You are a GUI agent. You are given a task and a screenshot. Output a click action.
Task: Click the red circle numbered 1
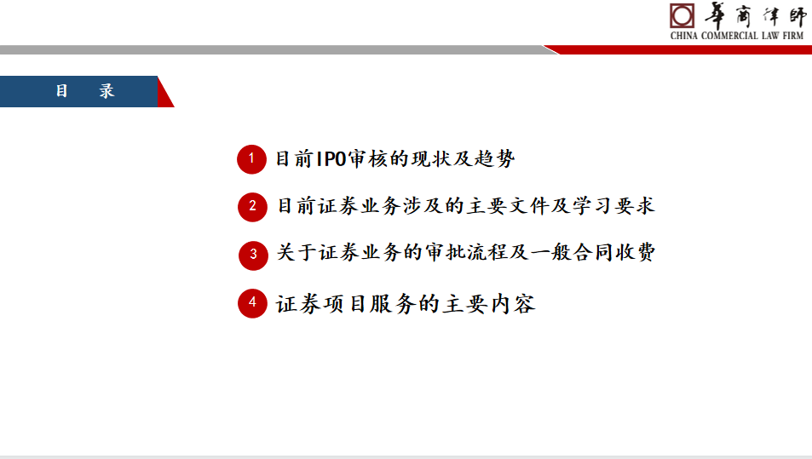[x=251, y=159]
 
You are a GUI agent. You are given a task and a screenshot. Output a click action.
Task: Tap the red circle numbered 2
[x=252, y=207]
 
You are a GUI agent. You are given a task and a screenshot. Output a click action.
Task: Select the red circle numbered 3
[x=253, y=255]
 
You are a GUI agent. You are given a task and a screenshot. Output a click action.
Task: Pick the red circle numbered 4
[x=252, y=303]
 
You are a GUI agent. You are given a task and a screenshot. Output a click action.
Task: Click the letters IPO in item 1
[x=331, y=159]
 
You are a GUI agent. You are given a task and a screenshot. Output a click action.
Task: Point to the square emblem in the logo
[x=682, y=15]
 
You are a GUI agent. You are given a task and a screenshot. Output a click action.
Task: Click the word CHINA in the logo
[x=683, y=36]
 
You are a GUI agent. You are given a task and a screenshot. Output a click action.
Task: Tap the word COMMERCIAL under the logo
[x=729, y=36]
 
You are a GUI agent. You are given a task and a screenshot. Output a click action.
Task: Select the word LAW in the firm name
[x=770, y=36]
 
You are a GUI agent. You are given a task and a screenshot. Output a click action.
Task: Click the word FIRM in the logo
[x=793, y=36]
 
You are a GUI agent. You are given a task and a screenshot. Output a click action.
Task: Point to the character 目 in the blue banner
[x=61, y=91]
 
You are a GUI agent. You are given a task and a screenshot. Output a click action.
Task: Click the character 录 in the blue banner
[x=107, y=91]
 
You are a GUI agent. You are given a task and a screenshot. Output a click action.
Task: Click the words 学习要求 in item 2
[x=613, y=206]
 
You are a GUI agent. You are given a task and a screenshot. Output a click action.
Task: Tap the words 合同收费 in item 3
[x=614, y=253]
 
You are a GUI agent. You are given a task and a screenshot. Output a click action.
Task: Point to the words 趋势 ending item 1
[x=494, y=159]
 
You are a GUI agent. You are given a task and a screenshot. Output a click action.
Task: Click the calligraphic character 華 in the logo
[x=716, y=15]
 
